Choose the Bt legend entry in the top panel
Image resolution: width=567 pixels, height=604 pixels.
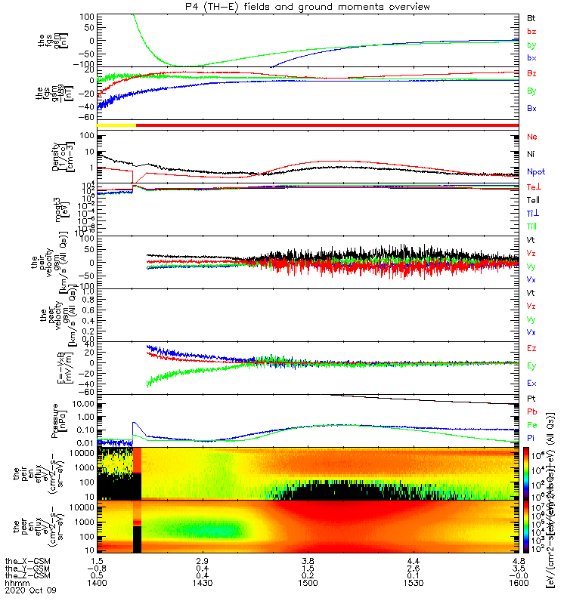click(531, 17)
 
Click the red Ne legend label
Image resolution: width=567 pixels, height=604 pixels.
click(531, 137)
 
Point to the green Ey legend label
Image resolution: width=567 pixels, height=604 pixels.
click(531, 365)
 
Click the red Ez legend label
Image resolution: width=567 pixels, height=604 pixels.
click(531, 348)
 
